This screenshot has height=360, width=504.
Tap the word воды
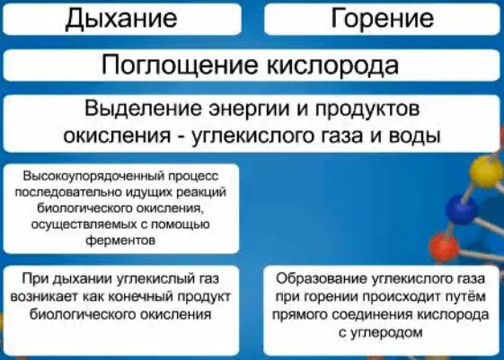(x=416, y=136)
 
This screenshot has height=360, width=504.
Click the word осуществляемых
(x=92, y=224)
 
